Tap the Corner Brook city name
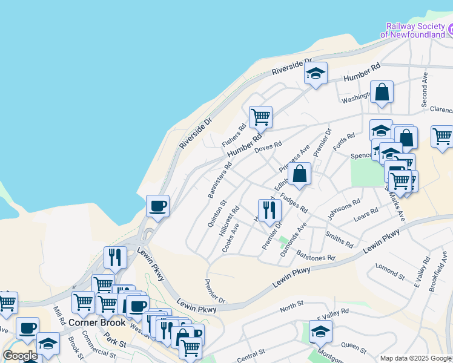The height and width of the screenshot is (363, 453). [x=97, y=322]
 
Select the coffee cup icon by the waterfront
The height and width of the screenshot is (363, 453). [x=157, y=206]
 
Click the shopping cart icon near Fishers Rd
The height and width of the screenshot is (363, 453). [x=260, y=117]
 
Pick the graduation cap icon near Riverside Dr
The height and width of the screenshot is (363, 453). [x=315, y=74]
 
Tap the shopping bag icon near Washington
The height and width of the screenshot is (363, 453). [x=382, y=93]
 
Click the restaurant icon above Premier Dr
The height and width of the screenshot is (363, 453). [x=269, y=211]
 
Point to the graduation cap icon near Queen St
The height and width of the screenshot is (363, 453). [x=320, y=331]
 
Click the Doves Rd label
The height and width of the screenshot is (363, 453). [x=268, y=147]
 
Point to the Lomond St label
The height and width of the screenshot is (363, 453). [x=389, y=271]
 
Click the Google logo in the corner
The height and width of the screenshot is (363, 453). [x=20, y=356]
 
